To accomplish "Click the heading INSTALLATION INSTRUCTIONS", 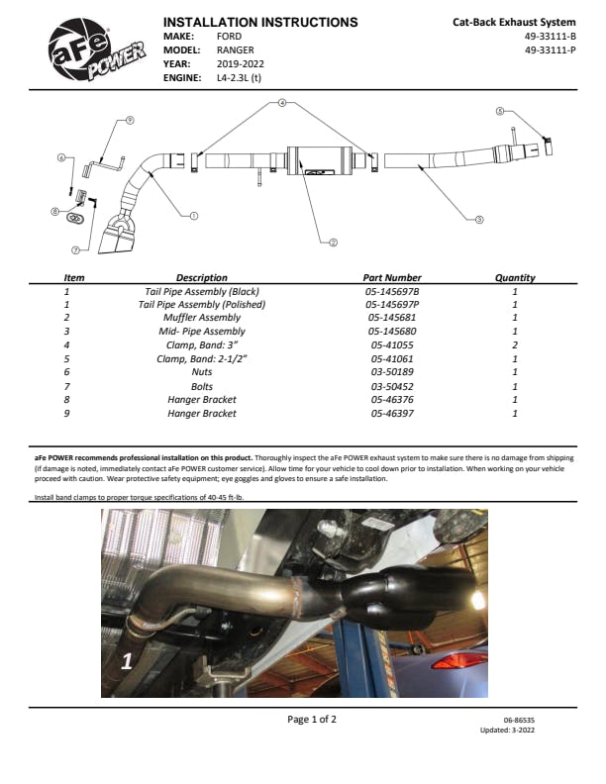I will tap(260, 22).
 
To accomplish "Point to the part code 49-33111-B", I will tap(550, 36).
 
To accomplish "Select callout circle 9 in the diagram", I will tap(130, 120).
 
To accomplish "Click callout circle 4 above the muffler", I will tap(282, 102).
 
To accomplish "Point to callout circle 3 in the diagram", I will tap(479, 219).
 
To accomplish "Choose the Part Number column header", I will tap(392, 278).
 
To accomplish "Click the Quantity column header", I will tap(515, 278).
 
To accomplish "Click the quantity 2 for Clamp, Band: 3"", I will tap(515, 344).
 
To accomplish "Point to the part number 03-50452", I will tap(392, 386).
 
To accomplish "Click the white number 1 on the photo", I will tap(127, 662).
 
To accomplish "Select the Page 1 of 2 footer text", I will tap(312, 720).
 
